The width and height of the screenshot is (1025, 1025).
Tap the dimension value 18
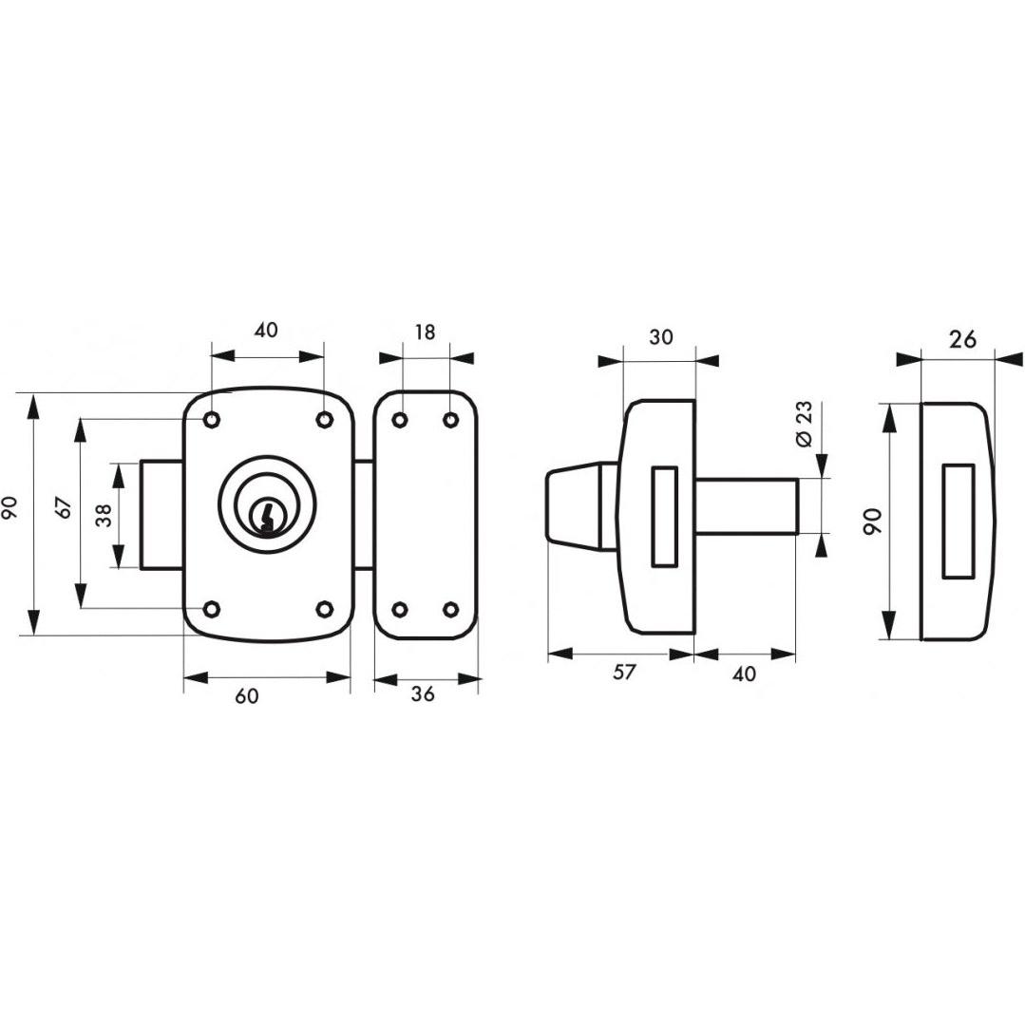tap(425, 332)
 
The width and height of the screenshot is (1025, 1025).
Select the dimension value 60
tap(247, 697)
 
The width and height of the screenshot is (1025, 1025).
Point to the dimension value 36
tap(423, 694)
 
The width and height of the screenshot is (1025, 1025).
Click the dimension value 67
tap(65, 508)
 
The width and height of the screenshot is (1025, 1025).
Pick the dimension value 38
tap(104, 514)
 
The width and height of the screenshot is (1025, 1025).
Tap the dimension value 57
tap(624, 672)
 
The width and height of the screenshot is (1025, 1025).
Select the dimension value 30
tap(661, 337)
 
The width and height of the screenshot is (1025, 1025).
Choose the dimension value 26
tap(962, 339)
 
